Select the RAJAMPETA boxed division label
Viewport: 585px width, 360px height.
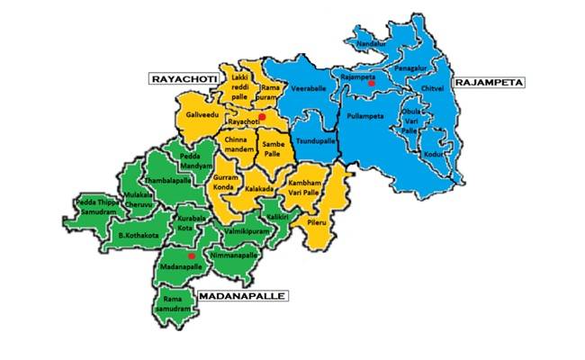(489, 82)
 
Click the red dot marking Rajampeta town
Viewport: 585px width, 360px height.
(371, 83)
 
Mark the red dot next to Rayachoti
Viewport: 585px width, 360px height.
(262, 117)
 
